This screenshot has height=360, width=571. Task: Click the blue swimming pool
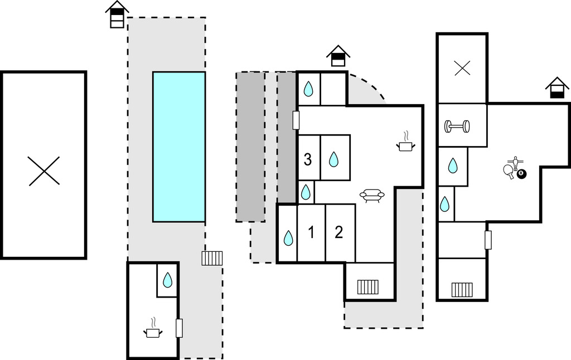tap(179, 147)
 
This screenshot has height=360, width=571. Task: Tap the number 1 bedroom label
tap(311, 232)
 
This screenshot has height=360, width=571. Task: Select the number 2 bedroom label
tap(338, 232)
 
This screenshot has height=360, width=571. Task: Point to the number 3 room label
tap(308, 160)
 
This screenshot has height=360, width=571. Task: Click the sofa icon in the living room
tap(372, 196)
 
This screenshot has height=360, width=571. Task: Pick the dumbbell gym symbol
tap(457, 127)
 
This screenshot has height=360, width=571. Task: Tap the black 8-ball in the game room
tap(521, 174)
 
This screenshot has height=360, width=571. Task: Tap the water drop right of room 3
tap(333, 160)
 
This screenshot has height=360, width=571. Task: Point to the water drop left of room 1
tap(288, 238)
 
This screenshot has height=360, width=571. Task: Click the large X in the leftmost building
tap(44, 171)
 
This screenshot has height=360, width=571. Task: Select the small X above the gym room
tap(462, 69)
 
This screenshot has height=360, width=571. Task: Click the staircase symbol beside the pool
tap(212, 258)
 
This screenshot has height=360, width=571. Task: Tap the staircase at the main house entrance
tap(368, 286)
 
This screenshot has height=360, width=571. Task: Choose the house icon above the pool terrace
tap(117, 14)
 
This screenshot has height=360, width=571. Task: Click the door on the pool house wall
tap(179, 328)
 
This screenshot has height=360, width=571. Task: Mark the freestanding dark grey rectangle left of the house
tap(250, 147)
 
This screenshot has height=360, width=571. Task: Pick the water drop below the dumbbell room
tap(453, 166)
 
